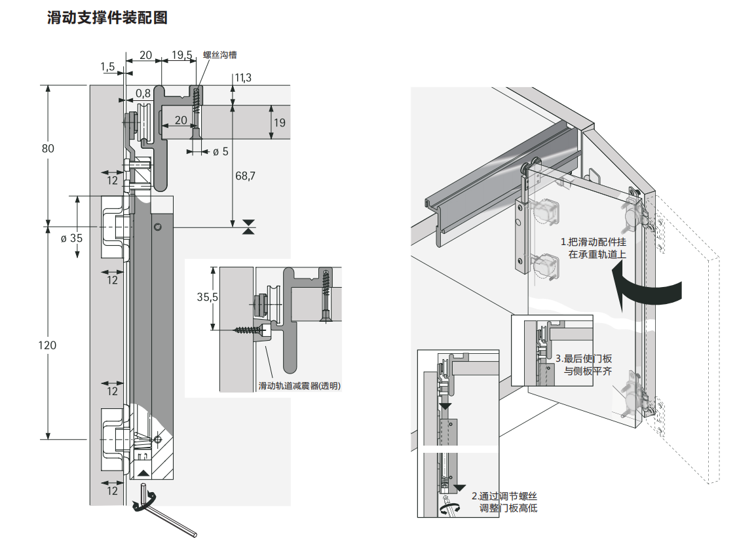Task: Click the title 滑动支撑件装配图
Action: click(x=107, y=18)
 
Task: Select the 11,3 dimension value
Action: click(x=242, y=78)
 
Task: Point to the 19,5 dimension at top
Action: click(x=182, y=55)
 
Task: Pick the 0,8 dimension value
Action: click(x=143, y=92)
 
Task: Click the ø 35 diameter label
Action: click(x=71, y=238)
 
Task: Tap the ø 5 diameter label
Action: click(x=220, y=152)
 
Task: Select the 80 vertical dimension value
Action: click(x=48, y=148)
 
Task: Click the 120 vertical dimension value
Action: click(x=48, y=345)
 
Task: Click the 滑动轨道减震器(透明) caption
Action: click(x=299, y=386)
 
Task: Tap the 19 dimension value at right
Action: click(x=280, y=123)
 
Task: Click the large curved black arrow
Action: click(x=645, y=291)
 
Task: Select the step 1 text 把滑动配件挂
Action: click(x=593, y=242)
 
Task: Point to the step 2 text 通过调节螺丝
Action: click(x=508, y=496)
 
